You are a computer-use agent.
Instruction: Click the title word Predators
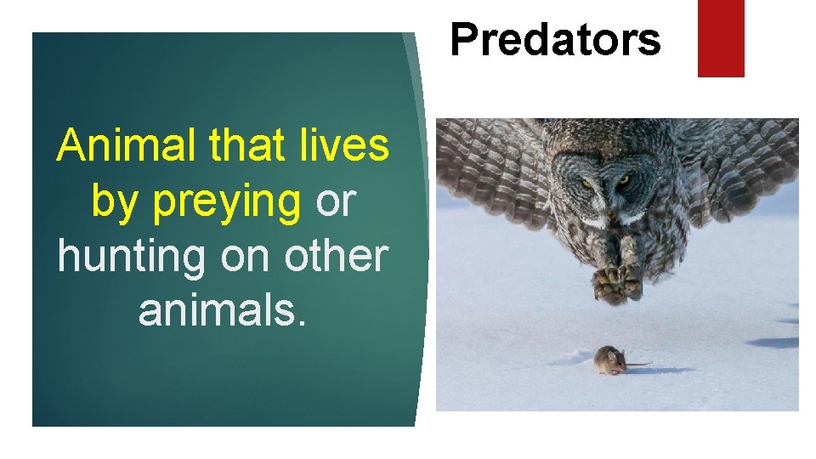pos(555,39)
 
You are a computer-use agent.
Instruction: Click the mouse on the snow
pos(609,360)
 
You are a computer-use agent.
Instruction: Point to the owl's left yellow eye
pos(585,182)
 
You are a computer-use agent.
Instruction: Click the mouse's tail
pos(638,365)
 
